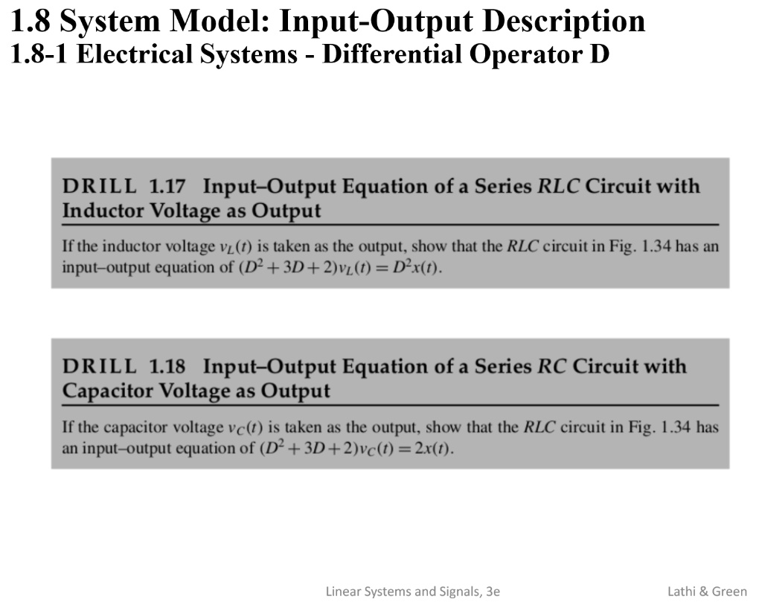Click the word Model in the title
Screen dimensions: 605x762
pos(219,22)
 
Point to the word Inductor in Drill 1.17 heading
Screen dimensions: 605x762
pos(103,211)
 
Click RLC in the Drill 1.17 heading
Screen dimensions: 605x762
pos(559,186)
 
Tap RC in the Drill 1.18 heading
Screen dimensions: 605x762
pos(551,367)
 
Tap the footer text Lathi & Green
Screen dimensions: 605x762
pos(707,592)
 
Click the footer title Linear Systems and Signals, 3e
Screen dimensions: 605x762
pos(413,592)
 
